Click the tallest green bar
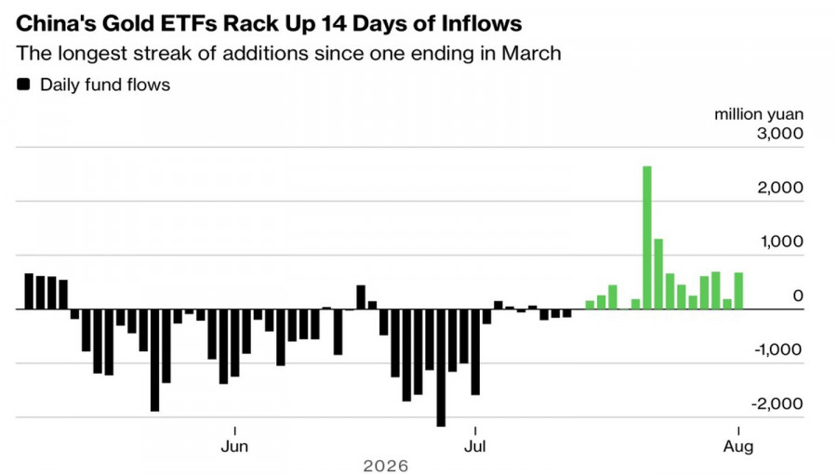tap(647, 238)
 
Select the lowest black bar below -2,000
tap(441, 367)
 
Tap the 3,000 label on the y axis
tap(780, 133)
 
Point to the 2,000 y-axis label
tap(780, 188)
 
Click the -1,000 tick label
tap(778, 349)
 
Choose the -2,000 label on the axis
tap(777, 403)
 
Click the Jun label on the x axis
tap(234, 446)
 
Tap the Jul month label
tap(474, 446)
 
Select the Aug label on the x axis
tap(738, 446)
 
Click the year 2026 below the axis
tap(385, 466)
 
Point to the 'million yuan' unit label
tap(759, 114)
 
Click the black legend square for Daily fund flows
tap(23, 85)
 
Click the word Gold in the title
tap(127, 24)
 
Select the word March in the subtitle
tap(531, 54)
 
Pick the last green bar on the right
tap(738, 291)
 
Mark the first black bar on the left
tap(29, 292)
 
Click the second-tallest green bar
tap(658, 274)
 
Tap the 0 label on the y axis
tap(798, 296)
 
